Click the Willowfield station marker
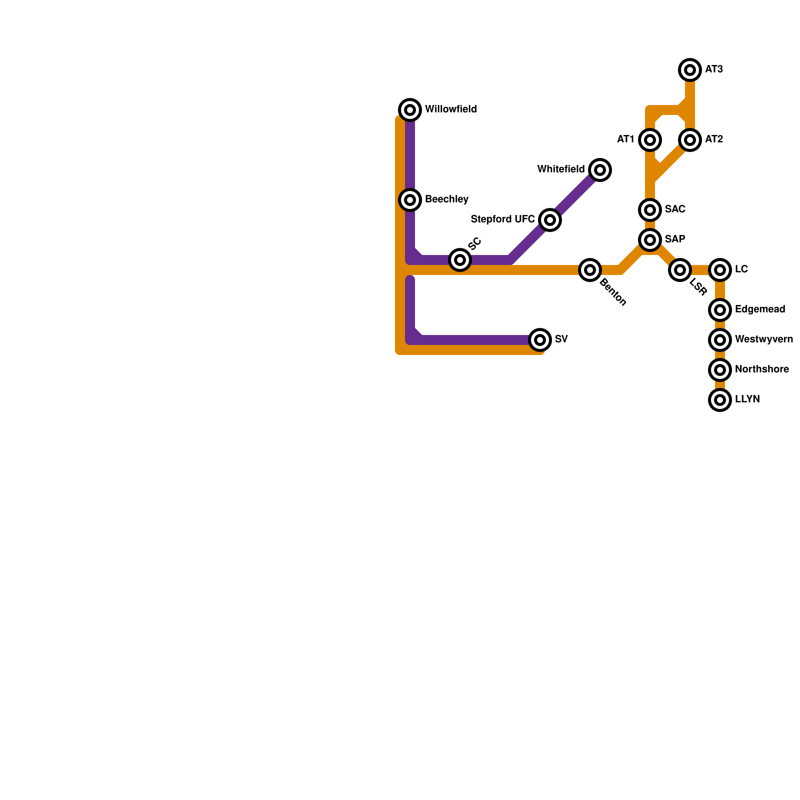point(410,109)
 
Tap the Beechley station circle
point(410,200)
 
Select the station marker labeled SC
point(460,260)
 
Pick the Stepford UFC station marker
point(550,220)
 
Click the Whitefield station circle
point(600,170)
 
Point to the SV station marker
point(540,340)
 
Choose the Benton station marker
point(590,270)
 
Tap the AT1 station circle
point(650,140)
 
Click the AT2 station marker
point(690,140)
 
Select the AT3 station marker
point(690,70)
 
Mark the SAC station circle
point(650,210)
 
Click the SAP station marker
point(650,240)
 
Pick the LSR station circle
point(680,270)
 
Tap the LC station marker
point(720,270)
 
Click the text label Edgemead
point(760,309)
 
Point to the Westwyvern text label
point(763,339)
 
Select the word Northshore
point(761,369)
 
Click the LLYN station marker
point(720,400)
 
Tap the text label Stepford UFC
point(502,219)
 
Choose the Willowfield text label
point(450,109)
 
